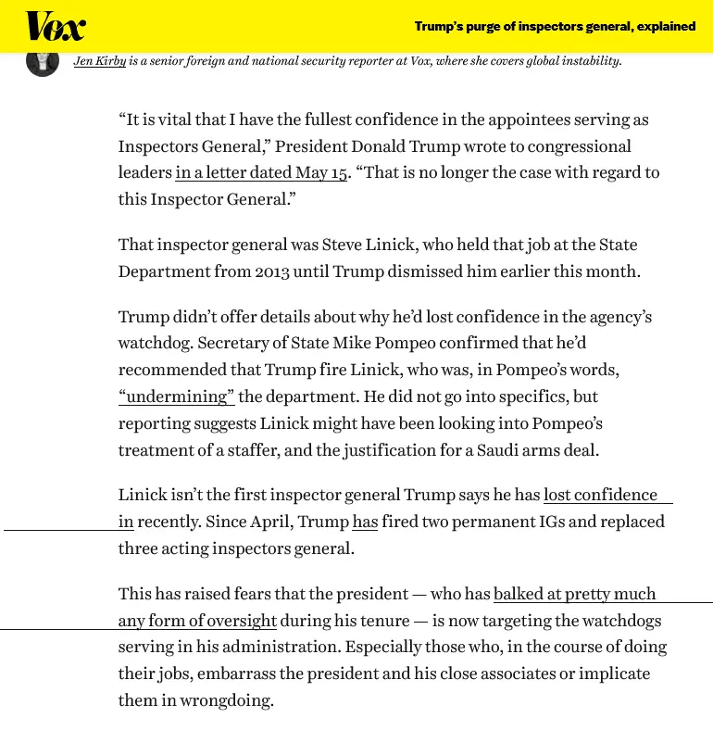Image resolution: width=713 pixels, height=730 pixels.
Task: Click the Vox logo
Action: click(x=55, y=26)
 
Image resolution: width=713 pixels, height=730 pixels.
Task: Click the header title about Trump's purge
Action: click(x=555, y=26)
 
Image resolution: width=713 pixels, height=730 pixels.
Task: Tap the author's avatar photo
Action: click(x=43, y=61)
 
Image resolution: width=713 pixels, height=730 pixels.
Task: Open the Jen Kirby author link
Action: click(x=100, y=61)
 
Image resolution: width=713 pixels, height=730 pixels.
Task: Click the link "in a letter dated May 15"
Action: click(x=261, y=173)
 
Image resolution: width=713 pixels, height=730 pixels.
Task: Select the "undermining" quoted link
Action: click(x=177, y=396)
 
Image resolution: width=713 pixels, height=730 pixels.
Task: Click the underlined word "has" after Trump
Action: click(x=365, y=522)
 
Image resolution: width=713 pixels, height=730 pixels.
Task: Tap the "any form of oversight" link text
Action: click(x=197, y=621)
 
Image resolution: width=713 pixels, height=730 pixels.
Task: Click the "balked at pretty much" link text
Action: click(x=574, y=594)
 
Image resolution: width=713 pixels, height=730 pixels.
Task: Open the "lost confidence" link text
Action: click(x=600, y=495)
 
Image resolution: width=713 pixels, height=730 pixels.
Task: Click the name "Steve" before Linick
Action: click(x=344, y=245)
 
